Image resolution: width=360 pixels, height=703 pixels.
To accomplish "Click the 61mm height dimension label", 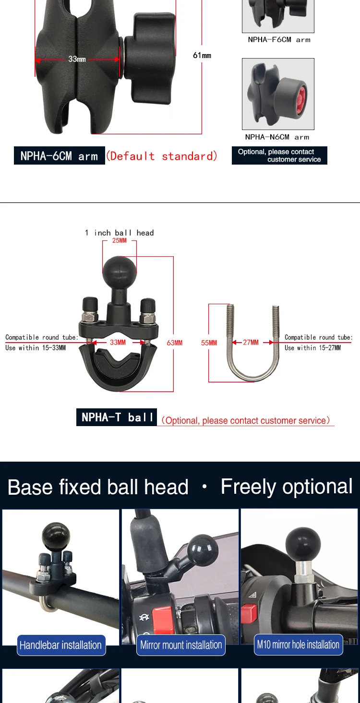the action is (x=202, y=56).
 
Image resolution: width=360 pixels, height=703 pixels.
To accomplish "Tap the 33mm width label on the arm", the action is (x=77, y=59).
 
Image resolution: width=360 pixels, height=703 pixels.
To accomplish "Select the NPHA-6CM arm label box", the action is (x=59, y=156).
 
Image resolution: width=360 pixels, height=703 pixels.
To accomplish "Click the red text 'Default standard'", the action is (x=161, y=156).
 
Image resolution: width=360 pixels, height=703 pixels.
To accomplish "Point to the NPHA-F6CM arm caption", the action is (x=279, y=40).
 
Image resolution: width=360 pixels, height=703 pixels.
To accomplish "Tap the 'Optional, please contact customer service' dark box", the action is (x=279, y=155).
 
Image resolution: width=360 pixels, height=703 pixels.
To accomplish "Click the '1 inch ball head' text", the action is (x=119, y=233).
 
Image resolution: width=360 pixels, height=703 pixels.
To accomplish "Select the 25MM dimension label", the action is (x=119, y=240).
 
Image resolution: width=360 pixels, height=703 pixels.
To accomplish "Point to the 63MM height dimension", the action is (x=175, y=343).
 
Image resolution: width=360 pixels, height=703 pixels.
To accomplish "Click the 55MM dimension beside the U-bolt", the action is (x=209, y=343).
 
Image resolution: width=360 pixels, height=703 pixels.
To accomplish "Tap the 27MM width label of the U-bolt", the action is (x=251, y=343).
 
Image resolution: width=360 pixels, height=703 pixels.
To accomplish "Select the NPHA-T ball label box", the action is (x=117, y=417).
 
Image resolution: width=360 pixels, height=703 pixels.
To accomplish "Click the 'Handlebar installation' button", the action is (x=61, y=645).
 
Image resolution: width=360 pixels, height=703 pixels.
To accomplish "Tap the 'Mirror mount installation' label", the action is (x=181, y=645).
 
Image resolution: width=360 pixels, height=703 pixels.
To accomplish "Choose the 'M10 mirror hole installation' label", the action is (x=298, y=644).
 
